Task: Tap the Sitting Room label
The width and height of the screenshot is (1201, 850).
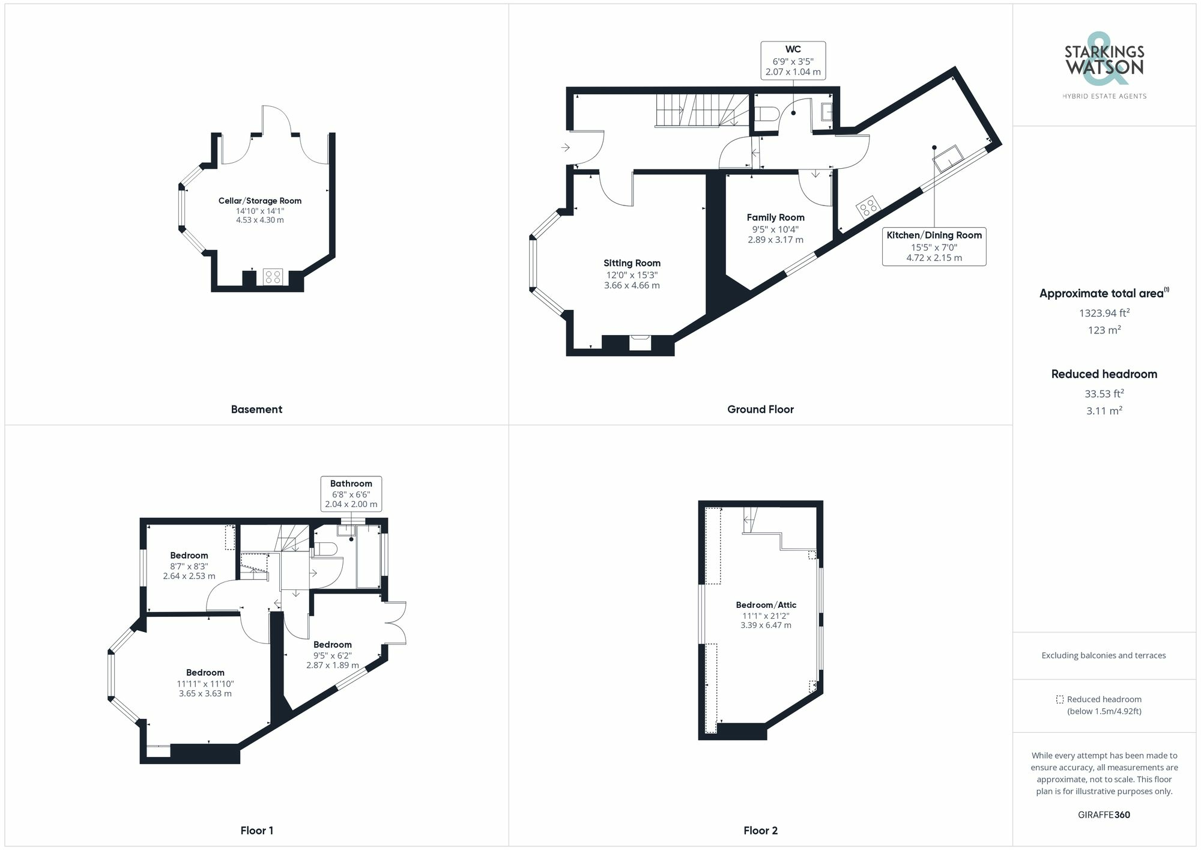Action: (632, 263)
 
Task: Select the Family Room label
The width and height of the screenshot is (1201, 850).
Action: (775, 217)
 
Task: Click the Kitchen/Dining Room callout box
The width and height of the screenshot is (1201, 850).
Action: (934, 246)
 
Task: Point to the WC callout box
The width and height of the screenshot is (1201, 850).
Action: (793, 60)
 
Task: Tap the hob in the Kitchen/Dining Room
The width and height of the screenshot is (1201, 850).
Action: (868, 207)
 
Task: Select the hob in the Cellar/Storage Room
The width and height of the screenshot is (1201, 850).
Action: (273, 277)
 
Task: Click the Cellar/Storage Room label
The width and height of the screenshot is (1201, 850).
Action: (259, 201)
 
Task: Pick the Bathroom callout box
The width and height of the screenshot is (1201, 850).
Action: (351, 494)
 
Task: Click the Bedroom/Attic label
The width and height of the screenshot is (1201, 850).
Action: (766, 605)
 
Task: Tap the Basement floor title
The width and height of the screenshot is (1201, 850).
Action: (256, 409)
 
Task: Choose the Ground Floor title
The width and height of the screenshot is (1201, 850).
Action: (760, 409)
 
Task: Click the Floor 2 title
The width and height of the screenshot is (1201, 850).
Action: (760, 831)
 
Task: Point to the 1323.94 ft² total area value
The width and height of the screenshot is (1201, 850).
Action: (1104, 313)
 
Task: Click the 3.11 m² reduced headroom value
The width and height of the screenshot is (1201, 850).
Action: (1104, 411)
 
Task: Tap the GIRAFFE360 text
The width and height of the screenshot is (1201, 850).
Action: (1104, 815)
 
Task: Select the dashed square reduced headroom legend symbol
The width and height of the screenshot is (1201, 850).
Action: (1060, 699)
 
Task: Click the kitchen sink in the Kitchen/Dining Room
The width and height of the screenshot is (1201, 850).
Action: (948, 158)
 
